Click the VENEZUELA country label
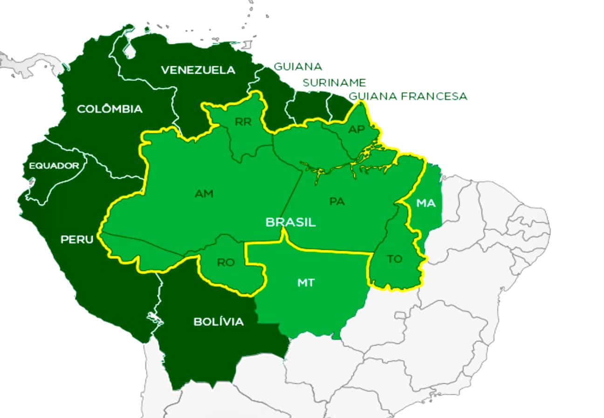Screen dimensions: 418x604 (x=198, y=70)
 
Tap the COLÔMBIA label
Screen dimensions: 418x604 (x=110, y=109)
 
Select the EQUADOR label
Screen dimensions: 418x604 (x=54, y=166)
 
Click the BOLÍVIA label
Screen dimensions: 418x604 (x=218, y=322)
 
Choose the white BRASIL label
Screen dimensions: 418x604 (x=290, y=222)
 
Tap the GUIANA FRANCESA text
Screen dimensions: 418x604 (x=408, y=97)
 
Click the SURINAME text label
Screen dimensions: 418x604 (x=334, y=83)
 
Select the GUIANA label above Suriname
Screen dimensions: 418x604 (x=297, y=67)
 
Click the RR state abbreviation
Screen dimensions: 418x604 (x=243, y=122)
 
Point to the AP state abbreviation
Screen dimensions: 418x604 (x=357, y=130)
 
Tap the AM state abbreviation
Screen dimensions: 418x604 (x=204, y=193)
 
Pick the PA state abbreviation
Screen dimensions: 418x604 (x=336, y=202)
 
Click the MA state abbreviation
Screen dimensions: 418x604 (x=426, y=203)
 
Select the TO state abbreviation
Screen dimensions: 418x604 (x=395, y=259)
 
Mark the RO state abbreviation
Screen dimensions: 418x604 (x=226, y=263)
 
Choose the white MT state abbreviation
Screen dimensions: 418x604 (x=306, y=283)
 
